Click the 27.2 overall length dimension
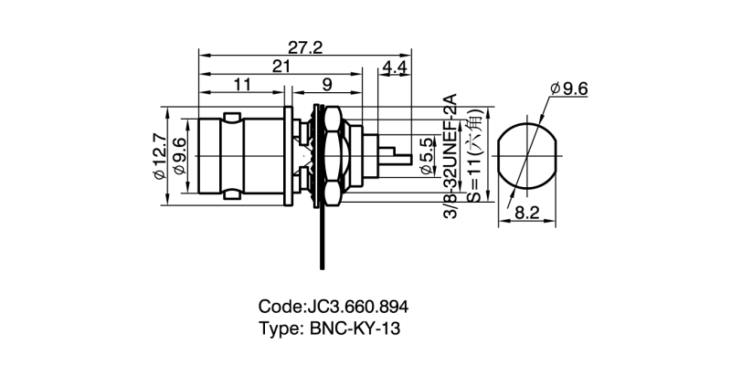[x=305, y=47]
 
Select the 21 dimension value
[x=282, y=66]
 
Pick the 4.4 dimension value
[x=396, y=68]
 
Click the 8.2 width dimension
[x=527, y=213]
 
